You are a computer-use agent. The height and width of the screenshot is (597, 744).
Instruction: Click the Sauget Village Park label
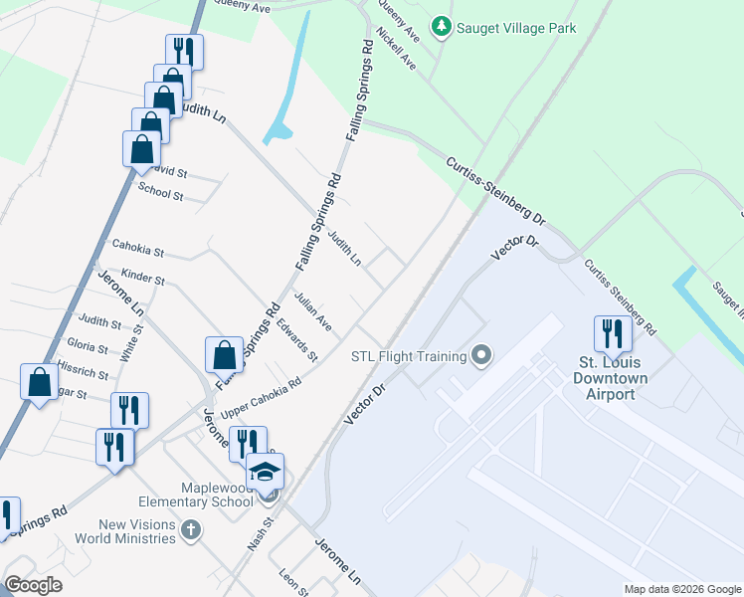pos(515,28)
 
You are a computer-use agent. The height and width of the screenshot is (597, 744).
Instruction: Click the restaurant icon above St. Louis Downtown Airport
pos(613,334)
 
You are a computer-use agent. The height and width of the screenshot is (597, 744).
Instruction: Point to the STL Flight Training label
pos(409,357)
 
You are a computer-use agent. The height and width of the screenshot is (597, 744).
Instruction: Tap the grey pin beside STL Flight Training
pos(482,355)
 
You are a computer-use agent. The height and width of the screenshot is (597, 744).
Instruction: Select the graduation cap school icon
pos(266,472)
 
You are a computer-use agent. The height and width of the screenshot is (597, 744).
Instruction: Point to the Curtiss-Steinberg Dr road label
pos(495,189)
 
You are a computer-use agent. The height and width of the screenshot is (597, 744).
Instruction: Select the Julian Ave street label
pos(312,310)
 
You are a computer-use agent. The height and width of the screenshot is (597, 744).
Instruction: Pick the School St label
pos(160,190)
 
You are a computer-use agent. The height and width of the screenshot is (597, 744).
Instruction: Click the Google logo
pos(33,585)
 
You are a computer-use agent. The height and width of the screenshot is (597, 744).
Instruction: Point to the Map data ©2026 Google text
pos(681,589)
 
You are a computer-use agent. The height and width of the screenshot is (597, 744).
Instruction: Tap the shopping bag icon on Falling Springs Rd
pos(225,355)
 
